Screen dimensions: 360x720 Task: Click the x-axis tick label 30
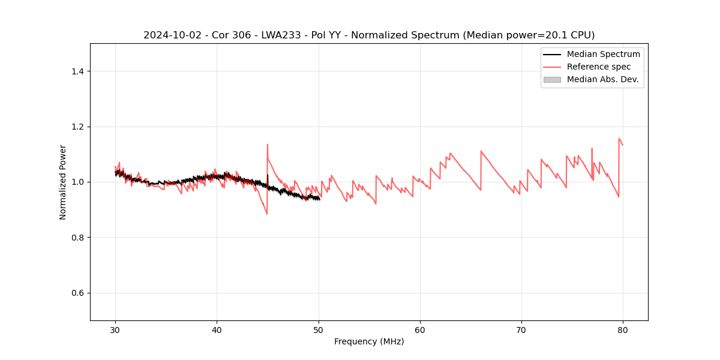pos(115,329)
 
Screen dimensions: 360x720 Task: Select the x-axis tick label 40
pos(217,329)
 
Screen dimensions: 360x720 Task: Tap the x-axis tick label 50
pos(319,329)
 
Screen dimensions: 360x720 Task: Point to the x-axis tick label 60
pos(420,329)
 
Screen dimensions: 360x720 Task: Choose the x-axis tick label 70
pos(521,329)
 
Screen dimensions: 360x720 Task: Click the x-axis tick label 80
pos(623,329)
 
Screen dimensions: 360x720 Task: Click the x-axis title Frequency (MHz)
pos(369,341)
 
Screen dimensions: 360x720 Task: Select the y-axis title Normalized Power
pos(63,182)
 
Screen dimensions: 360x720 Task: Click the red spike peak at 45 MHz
pos(268,145)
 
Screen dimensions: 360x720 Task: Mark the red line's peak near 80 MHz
pos(619,139)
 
